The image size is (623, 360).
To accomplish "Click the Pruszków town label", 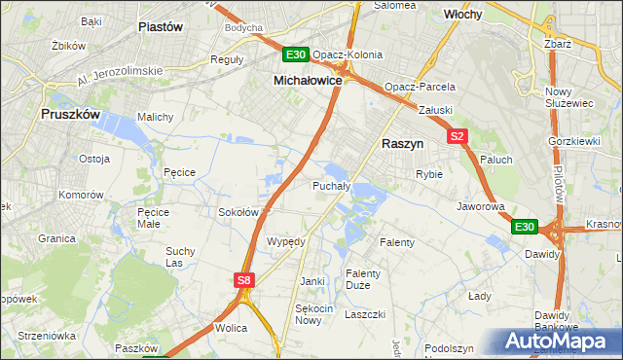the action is tap(70, 114).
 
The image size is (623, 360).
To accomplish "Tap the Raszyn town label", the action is tap(401, 142).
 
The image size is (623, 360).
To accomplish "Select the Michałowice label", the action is tap(308, 82).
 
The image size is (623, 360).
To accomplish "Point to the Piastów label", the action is tap(161, 27).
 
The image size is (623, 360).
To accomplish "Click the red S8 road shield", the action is tap(244, 280).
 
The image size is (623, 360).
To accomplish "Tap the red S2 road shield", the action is tap(458, 137).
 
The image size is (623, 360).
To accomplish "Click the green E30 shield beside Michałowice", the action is tap(297, 55).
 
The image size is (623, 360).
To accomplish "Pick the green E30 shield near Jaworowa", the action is tap(525, 227).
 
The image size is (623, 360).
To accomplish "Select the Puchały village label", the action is tap(331, 185).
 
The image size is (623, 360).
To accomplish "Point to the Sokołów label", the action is tap(238, 211).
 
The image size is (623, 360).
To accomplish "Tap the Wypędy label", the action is tap(286, 240).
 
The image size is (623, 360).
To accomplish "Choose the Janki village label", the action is tap(311, 281).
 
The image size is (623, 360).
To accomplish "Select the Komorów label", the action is tap(81, 195).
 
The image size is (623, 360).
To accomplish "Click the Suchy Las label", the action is tap(181, 257).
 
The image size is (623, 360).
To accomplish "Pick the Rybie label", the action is tap(429, 174).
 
